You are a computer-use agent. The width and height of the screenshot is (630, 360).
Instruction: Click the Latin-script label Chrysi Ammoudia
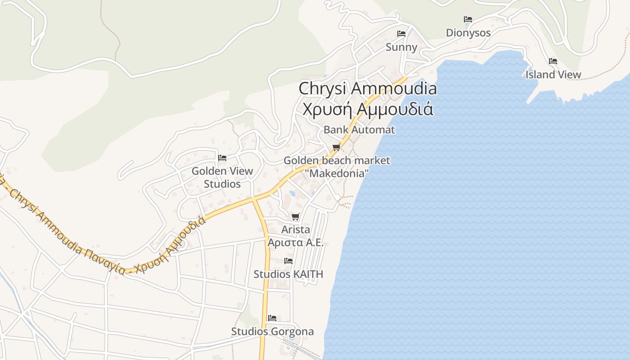368,88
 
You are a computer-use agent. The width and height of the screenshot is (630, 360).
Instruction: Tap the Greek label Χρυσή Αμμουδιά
368,109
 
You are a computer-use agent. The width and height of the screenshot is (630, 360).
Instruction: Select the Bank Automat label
359,130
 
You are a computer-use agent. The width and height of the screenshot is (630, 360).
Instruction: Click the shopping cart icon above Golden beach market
336,147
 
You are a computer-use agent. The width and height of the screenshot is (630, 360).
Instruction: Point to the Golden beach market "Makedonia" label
337,166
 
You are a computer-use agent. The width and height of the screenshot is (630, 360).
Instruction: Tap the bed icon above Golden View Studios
222,157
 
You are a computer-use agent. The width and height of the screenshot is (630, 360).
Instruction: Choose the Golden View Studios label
222,177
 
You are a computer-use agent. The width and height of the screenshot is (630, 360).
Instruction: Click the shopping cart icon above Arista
295,216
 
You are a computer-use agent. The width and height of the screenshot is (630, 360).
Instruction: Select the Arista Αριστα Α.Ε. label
296,236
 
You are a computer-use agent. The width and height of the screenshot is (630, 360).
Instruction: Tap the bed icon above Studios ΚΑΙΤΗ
288,261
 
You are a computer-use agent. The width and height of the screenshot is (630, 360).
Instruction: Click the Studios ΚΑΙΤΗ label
288,274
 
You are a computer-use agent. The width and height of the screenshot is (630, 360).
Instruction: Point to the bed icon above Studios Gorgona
272,318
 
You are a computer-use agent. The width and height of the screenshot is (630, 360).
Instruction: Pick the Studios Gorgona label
272,332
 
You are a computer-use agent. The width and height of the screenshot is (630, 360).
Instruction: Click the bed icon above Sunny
401,34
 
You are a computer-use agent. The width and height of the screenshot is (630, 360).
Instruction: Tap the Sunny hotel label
401,47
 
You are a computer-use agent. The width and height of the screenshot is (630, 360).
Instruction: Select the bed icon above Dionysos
468,19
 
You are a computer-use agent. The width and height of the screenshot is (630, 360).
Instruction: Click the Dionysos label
468,33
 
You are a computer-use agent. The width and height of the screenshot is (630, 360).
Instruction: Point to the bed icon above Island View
553,61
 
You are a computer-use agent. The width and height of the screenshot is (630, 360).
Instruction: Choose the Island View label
553,75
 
